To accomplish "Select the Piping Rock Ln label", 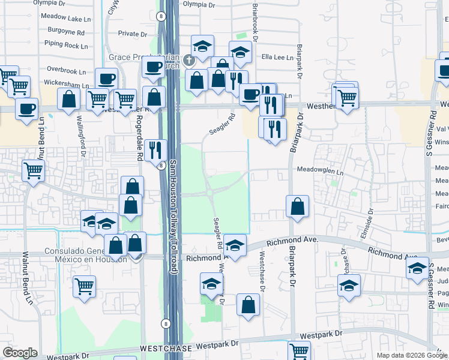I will point(66,46).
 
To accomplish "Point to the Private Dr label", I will point(133,34).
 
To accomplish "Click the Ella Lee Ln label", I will point(277,58).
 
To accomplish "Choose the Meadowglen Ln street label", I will point(320,170).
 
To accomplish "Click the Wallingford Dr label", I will point(80,134).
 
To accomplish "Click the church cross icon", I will point(189,59).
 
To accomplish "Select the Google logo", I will point(20,353).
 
